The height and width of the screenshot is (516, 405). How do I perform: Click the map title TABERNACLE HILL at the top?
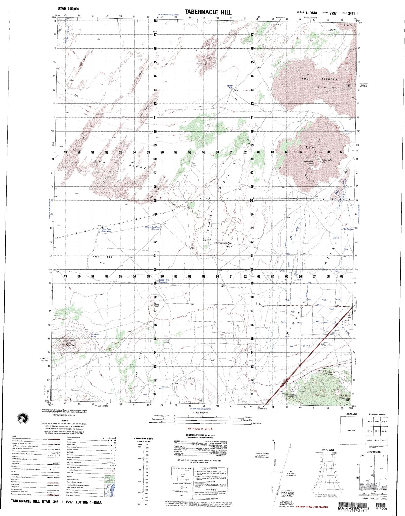(x=208, y=12)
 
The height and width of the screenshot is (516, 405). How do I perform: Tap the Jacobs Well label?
(x=230, y=87)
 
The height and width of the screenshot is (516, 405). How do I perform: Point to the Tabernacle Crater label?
(x=308, y=163)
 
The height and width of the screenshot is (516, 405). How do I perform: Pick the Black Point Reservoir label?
(x=164, y=281)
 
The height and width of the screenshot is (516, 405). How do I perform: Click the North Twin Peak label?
(x=70, y=344)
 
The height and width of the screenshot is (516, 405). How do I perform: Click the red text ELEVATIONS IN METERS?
(x=200, y=429)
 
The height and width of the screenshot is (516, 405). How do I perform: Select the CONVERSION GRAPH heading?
(x=144, y=439)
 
